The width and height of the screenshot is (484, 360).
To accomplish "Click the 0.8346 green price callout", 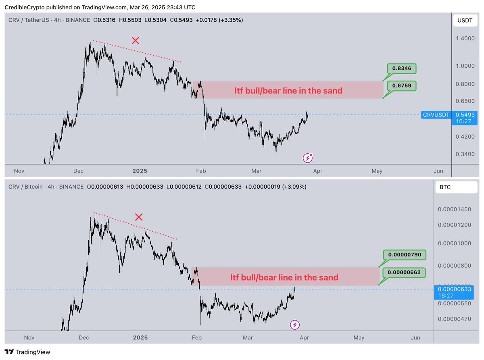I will point(402,69).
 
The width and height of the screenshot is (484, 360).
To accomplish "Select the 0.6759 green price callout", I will point(402,85).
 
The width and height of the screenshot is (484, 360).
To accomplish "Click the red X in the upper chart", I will point(136,40).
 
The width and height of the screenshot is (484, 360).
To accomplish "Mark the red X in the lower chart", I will point(139,217).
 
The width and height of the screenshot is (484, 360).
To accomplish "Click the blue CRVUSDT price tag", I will point(436,115).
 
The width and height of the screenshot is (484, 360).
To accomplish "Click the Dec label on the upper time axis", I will point(79,171).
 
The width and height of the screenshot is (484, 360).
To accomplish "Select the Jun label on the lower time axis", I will point(415,338).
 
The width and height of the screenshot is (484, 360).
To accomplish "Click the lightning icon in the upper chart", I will point(308,158).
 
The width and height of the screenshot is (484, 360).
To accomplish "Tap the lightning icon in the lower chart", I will point(295,325).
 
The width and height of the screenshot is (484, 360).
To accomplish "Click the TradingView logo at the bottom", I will point(28,352).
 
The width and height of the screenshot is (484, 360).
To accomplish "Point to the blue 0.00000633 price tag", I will point(449,291).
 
